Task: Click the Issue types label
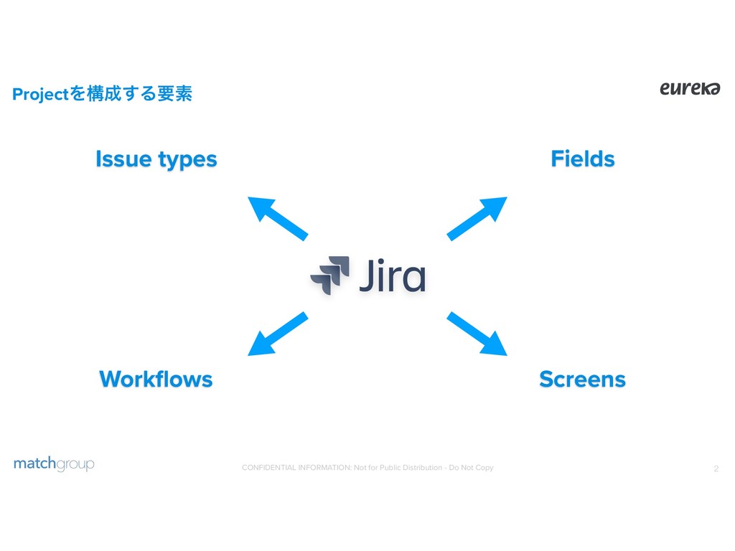[156, 159]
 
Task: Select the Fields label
[582, 159]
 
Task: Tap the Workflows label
[156, 379]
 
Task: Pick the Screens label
[582, 379]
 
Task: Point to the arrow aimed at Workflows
[277, 334]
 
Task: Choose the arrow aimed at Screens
[477, 334]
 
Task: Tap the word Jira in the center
[392, 276]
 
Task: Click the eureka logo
[689, 88]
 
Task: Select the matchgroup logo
[54, 464]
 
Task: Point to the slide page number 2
[716, 469]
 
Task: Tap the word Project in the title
[38, 94]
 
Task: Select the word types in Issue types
[187, 160]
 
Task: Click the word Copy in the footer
[484, 468]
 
